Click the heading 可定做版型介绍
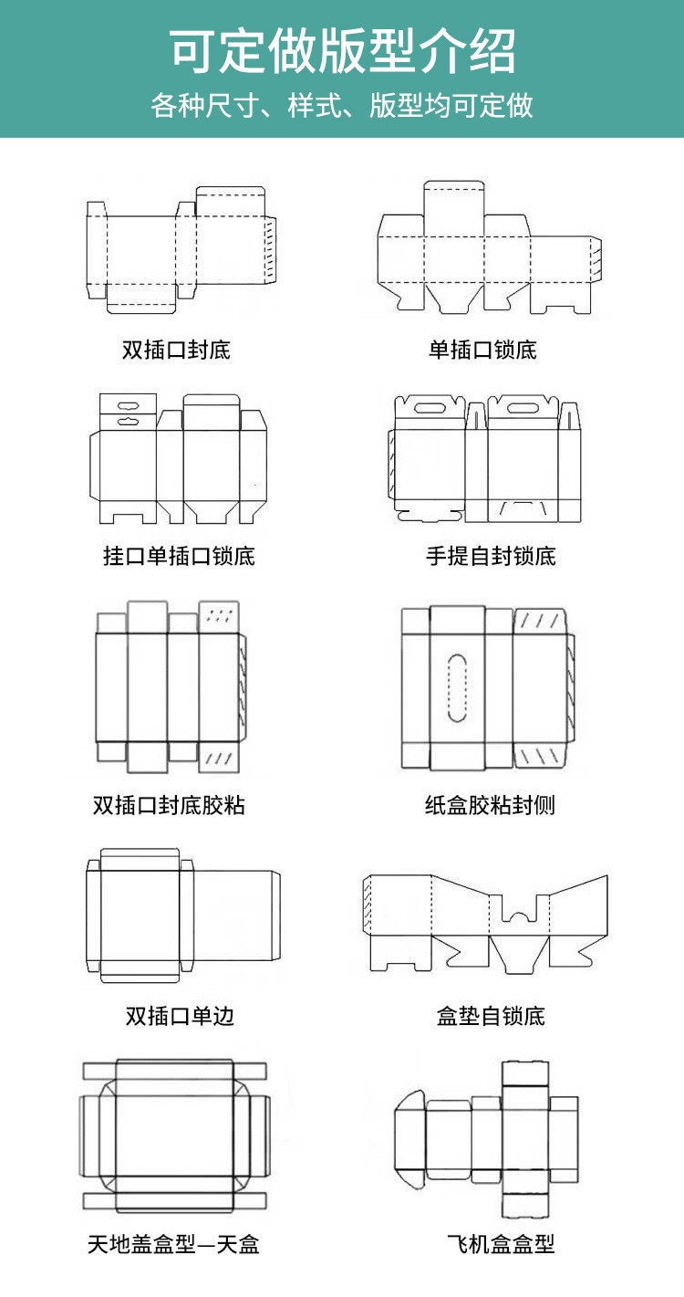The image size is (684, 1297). (342, 51)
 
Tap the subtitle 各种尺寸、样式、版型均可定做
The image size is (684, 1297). (342, 106)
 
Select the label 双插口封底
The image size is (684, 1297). (176, 350)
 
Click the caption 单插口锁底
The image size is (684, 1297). (482, 350)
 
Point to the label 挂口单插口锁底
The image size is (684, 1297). (179, 556)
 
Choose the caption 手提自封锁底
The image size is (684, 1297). (491, 556)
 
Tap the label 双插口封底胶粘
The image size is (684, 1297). (169, 805)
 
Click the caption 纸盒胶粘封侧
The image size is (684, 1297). (490, 805)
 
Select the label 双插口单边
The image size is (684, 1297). (180, 1016)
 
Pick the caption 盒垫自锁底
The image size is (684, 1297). (491, 1016)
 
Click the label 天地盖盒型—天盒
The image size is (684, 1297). (173, 1243)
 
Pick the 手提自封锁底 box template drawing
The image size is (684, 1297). (487, 461)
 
